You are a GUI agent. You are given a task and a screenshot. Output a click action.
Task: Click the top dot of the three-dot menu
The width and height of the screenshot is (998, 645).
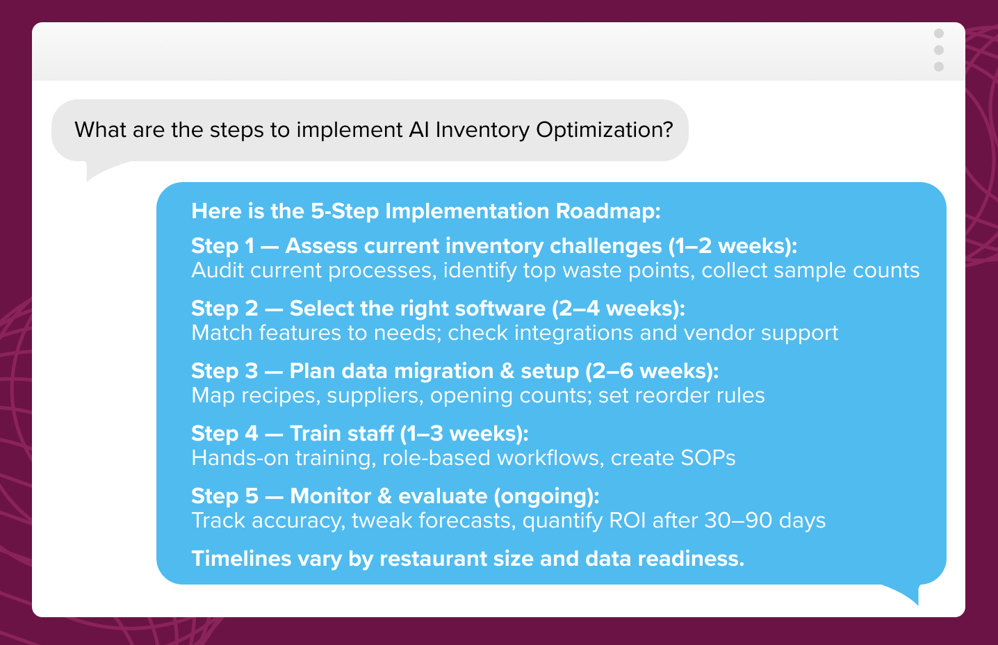(x=939, y=34)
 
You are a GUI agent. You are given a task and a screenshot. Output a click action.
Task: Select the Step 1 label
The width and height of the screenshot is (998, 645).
(x=223, y=246)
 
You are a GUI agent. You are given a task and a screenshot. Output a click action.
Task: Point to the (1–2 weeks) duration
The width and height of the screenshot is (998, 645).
(x=733, y=246)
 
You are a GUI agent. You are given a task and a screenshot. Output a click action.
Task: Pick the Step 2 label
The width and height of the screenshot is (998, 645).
(x=224, y=309)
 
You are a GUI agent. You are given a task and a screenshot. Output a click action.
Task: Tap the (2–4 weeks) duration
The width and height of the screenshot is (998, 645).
(x=619, y=309)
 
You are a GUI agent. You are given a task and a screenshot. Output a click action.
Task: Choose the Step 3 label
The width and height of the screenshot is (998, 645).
(x=224, y=371)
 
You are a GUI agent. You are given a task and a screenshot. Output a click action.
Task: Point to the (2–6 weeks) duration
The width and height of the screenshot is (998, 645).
(x=652, y=371)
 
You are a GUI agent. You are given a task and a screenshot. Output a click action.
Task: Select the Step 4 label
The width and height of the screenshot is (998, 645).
(x=224, y=434)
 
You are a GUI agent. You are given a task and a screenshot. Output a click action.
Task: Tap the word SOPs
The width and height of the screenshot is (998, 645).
(x=707, y=458)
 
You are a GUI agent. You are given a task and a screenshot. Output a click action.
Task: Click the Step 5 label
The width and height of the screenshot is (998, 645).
(x=224, y=496)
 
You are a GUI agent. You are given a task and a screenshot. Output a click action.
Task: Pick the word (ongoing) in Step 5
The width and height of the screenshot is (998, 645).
(x=546, y=496)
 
